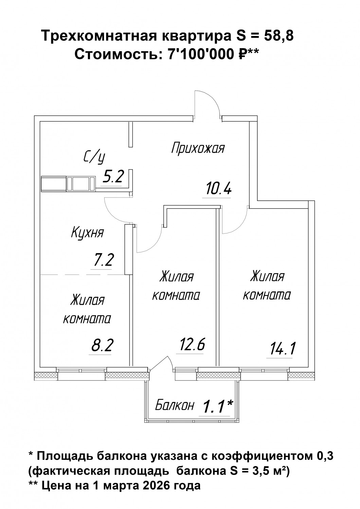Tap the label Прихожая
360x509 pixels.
pos(198,148)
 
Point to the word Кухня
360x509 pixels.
pos(88,232)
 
